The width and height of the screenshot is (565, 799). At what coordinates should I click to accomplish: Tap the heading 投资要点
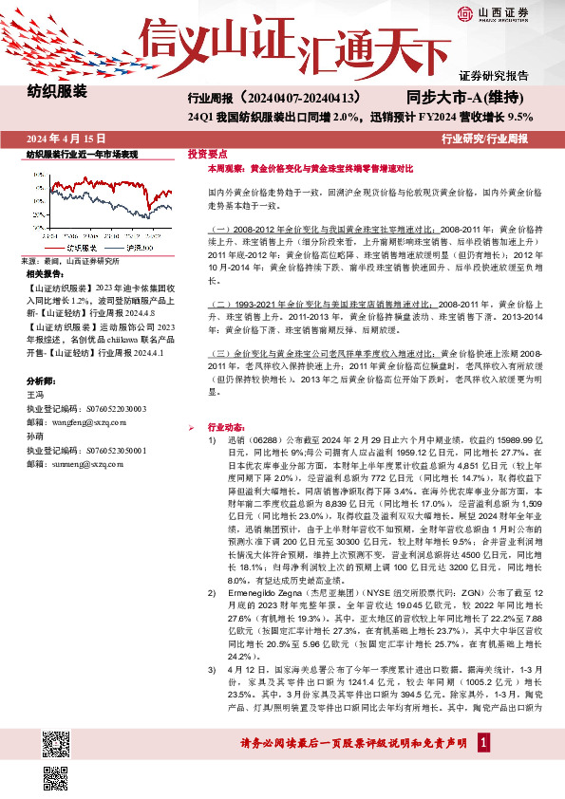(206, 153)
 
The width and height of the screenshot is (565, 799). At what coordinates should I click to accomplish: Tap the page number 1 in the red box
(485, 769)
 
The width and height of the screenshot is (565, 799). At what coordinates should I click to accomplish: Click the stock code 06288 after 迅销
(252, 440)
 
